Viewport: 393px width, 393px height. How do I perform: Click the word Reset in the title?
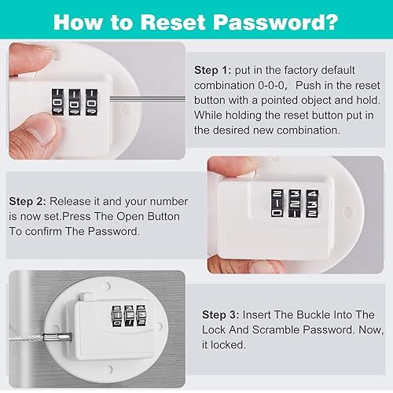(173, 22)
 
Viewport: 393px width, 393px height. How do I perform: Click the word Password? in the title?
(276, 22)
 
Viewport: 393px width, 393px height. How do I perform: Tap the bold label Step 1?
(213, 70)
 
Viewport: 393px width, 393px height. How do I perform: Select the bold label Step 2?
(28, 201)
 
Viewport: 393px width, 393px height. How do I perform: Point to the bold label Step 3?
(221, 314)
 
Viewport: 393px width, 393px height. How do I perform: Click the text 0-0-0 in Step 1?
(271, 86)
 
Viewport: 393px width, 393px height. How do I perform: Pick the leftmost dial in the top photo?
(57, 102)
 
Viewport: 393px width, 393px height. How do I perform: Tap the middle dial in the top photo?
(75, 102)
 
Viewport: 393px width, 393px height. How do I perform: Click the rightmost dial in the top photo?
(91, 102)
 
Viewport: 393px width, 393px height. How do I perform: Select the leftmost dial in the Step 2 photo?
(277, 203)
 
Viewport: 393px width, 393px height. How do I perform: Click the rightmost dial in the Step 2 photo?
(312, 204)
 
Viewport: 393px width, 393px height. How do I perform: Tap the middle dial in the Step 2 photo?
(295, 204)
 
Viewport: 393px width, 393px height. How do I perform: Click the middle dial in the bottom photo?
(129, 316)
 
